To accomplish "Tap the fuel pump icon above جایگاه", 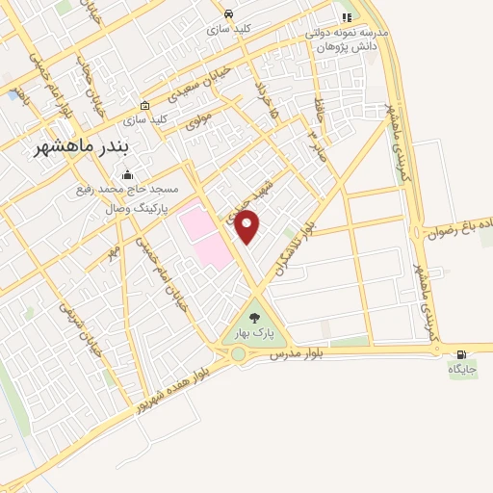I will (461, 353).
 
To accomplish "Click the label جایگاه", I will (461, 368).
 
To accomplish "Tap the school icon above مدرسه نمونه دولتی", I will (346, 18).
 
